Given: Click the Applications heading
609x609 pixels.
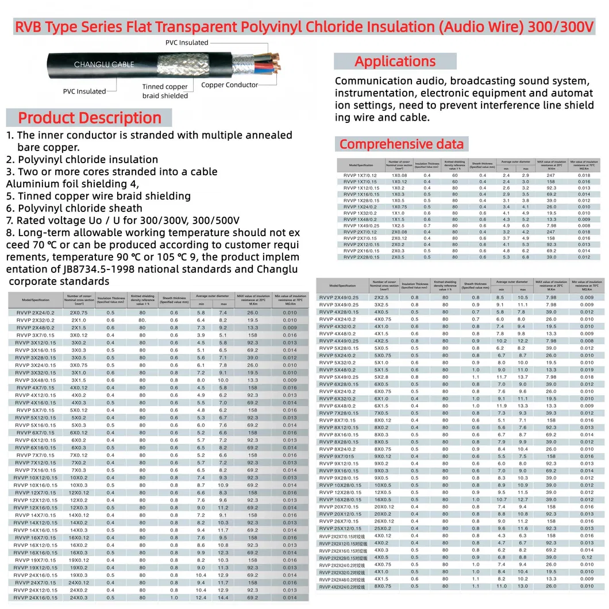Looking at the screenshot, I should (395, 61).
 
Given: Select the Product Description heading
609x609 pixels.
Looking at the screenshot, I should (90, 118).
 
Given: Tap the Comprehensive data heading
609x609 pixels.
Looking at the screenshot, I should (402, 144).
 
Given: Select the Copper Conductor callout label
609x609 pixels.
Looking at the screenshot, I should (230, 85).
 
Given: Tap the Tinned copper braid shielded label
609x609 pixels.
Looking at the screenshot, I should (165, 91).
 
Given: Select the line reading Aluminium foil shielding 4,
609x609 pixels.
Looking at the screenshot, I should (72, 184).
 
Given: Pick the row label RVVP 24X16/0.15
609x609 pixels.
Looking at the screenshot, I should (36, 598).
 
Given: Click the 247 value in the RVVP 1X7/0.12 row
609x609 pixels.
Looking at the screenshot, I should (552, 175).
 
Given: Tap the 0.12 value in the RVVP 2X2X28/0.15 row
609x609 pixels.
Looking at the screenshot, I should (587, 557).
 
